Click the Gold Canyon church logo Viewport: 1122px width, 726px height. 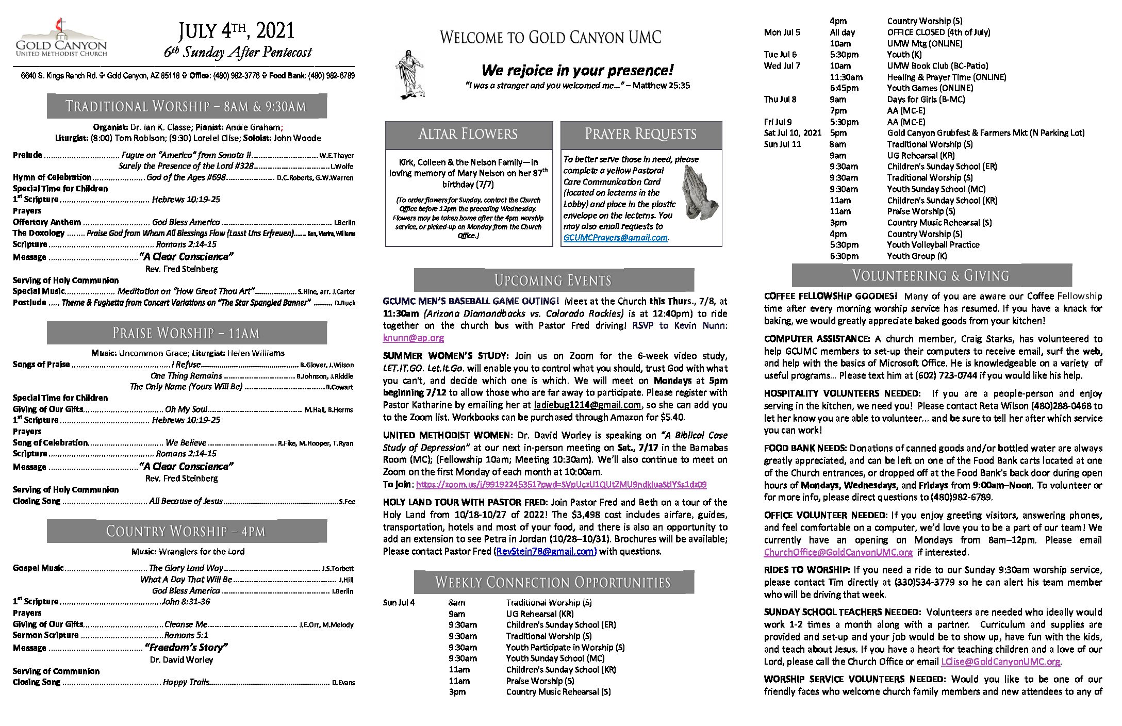[61, 38]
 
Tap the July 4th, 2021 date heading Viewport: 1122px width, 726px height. [237, 31]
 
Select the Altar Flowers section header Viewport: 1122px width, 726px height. [468, 134]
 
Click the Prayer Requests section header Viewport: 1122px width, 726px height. [640, 134]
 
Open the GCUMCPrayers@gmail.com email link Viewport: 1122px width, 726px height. [615, 238]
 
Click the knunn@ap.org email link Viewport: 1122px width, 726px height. [413, 338]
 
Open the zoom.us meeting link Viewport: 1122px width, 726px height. [561, 485]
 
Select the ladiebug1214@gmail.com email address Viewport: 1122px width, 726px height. [587, 405]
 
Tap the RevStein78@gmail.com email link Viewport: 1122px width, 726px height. [546, 551]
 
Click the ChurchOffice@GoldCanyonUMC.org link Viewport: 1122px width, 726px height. [838, 552]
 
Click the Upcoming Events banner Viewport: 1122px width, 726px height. [553, 280]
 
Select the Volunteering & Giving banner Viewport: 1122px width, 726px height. [931, 276]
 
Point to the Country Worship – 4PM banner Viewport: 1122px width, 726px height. [186, 531]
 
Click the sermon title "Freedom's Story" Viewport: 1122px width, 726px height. [186, 648]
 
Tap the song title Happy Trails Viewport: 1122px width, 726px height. [186, 682]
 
